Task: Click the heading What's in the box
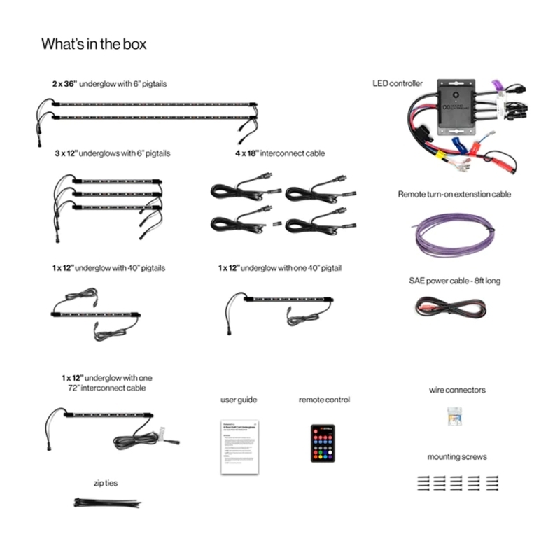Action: [94, 44]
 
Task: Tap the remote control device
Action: [323, 442]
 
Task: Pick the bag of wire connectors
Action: [456, 418]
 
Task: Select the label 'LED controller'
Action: [398, 83]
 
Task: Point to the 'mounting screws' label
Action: [457, 457]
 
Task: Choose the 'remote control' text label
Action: [324, 400]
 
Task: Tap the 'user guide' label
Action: [239, 400]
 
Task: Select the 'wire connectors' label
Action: [457, 390]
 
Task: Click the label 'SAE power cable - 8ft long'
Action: [454, 281]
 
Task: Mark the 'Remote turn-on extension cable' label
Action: [454, 194]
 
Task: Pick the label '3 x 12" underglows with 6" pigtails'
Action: [113, 153]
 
